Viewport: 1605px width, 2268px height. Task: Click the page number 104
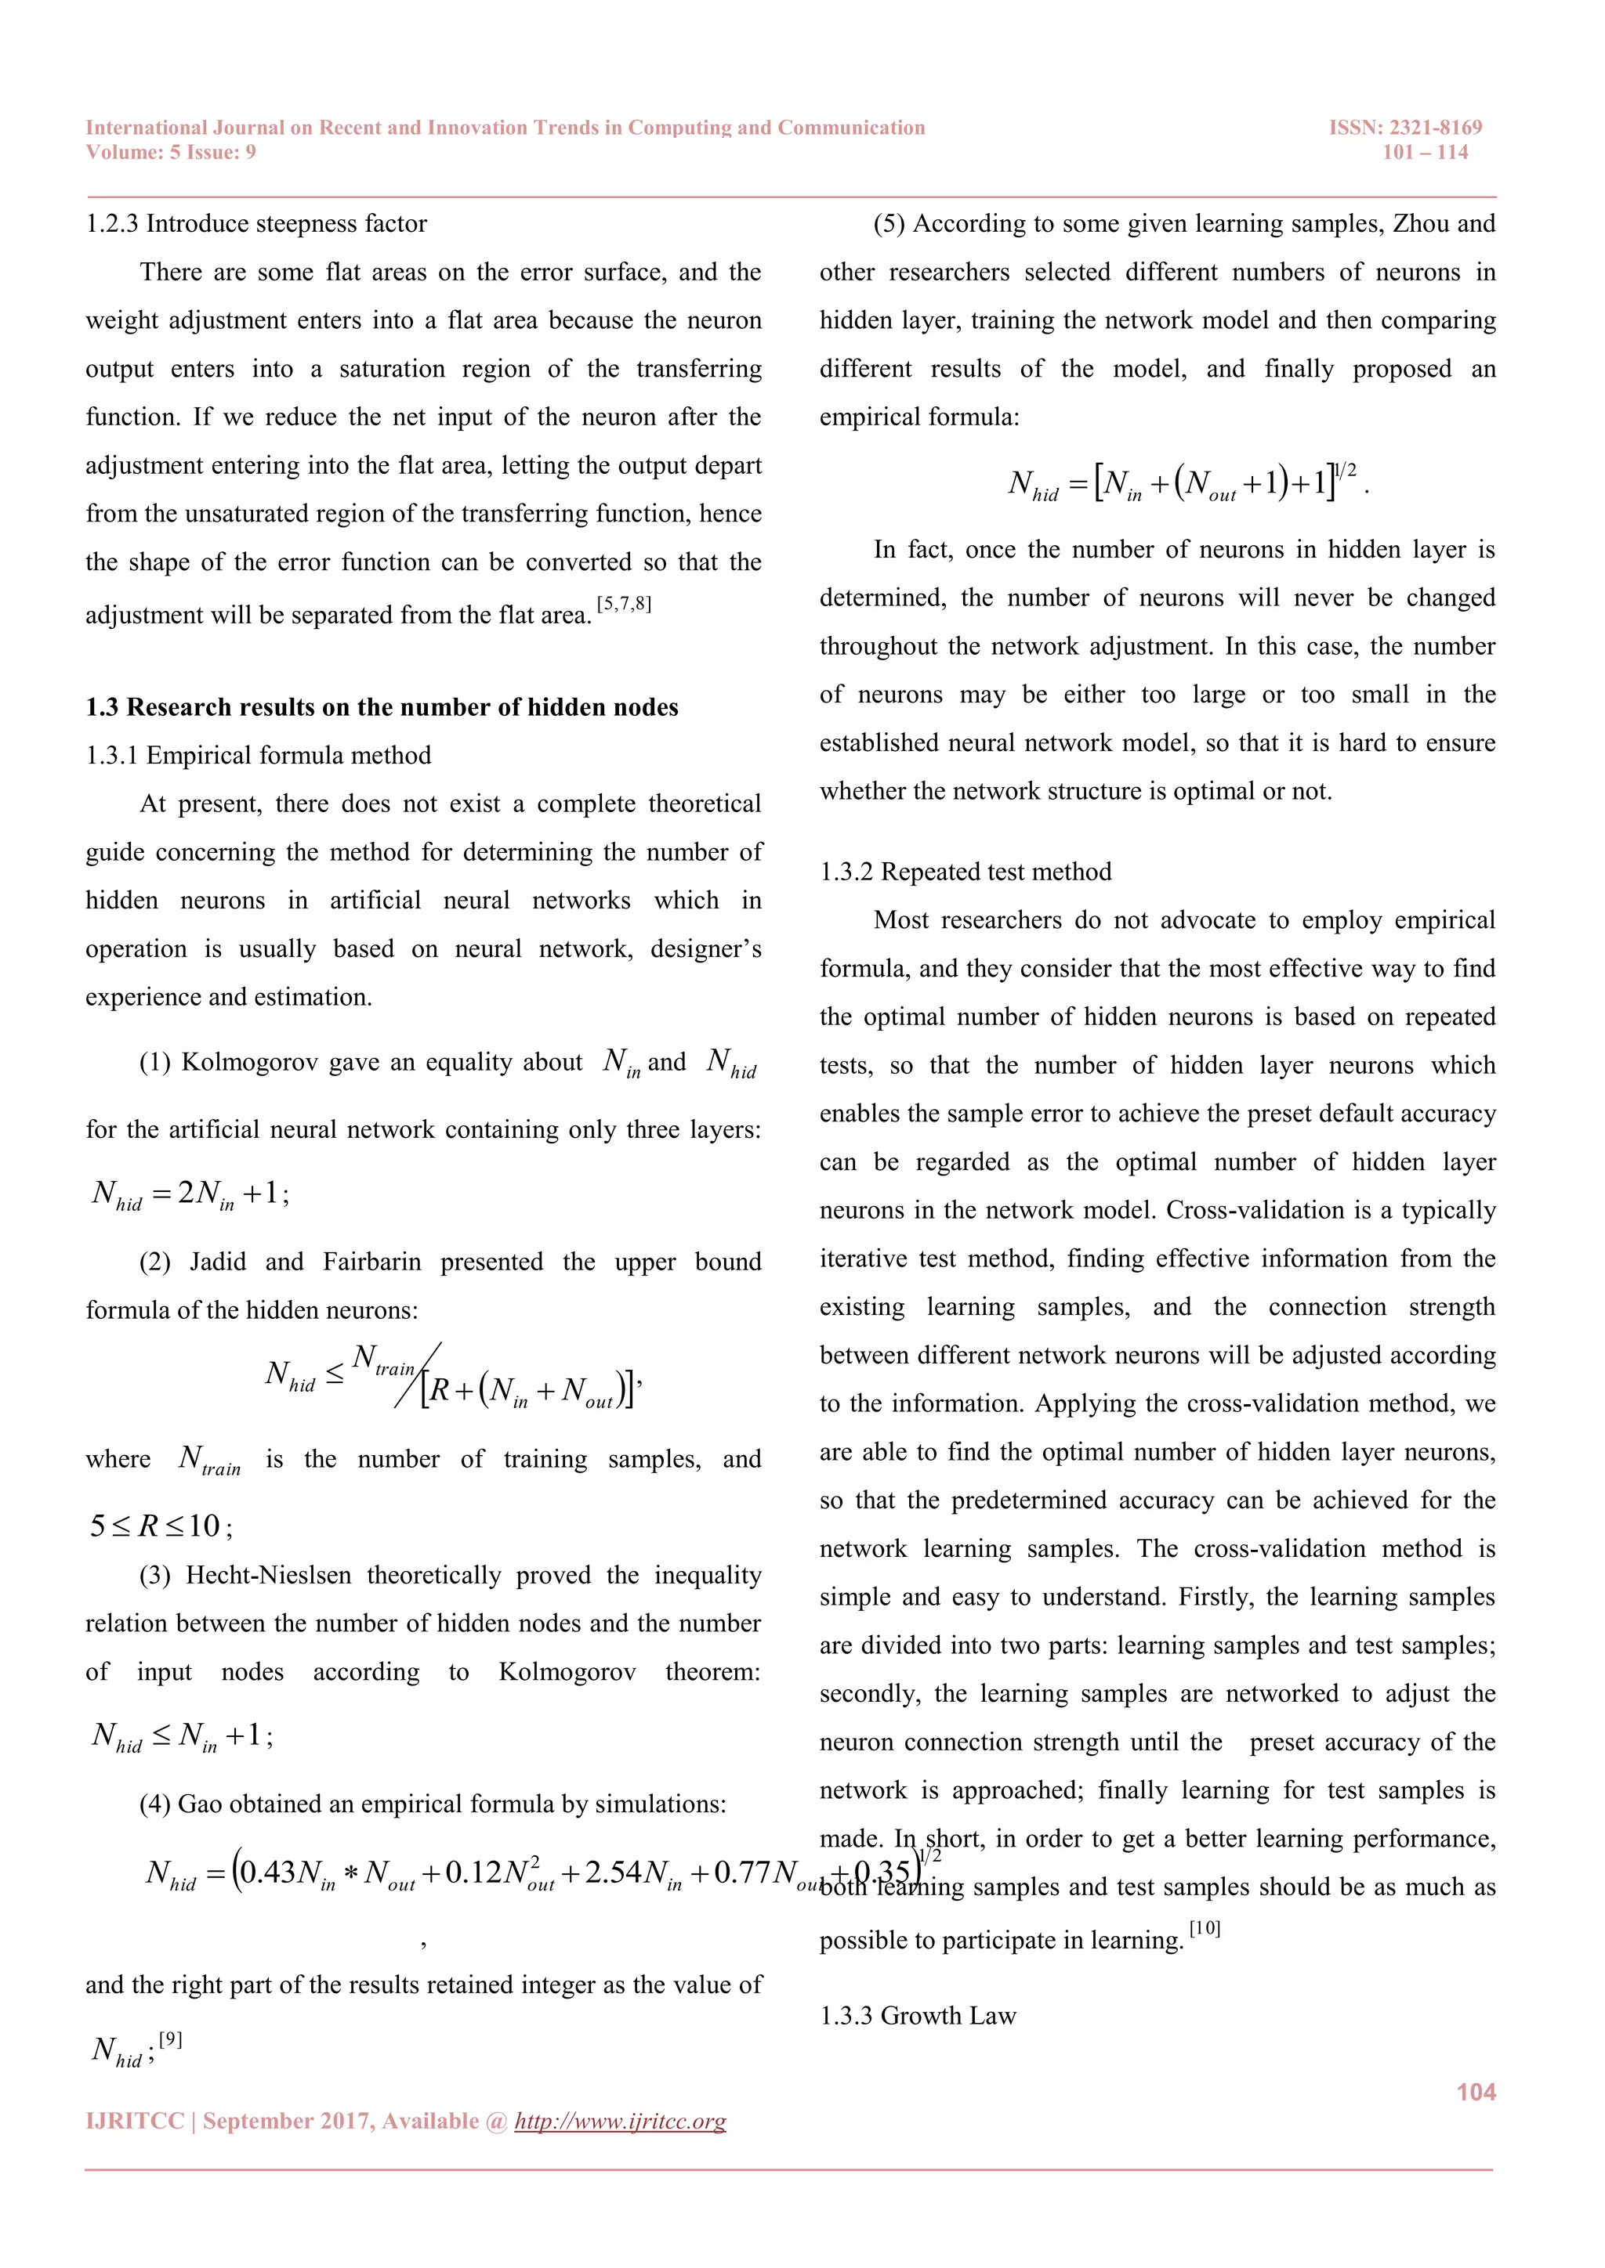point(1476,2092)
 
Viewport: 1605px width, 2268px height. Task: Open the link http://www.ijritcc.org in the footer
point(620,2121)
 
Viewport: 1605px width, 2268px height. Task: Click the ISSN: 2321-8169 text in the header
point(1404,128)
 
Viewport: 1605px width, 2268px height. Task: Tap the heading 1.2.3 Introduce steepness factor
point(256,224)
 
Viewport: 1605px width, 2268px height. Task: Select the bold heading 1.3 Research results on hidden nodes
point(382,707)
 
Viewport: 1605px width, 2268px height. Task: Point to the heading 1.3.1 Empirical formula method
point(258,756)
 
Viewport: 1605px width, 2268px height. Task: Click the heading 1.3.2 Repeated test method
point(965,871)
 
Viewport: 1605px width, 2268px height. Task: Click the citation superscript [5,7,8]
point(624,604)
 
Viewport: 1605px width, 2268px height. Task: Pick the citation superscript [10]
point(1205,1928)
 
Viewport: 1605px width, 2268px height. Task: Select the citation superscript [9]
point(170,2039)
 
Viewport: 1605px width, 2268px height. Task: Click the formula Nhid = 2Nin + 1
point(190,1194)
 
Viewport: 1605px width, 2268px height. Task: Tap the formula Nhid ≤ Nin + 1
point(182,1735)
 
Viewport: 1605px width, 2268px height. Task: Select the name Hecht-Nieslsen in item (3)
point(268,1575)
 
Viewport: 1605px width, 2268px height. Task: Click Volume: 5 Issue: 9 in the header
point(171,152)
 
